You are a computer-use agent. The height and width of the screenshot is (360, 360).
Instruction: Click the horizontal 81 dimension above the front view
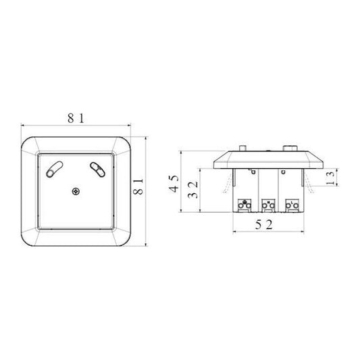75,119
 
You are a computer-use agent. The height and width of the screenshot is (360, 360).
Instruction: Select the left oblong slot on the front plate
55,167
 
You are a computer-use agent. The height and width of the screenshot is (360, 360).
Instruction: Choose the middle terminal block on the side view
268,203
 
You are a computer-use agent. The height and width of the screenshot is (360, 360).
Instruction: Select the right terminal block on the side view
292,203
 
